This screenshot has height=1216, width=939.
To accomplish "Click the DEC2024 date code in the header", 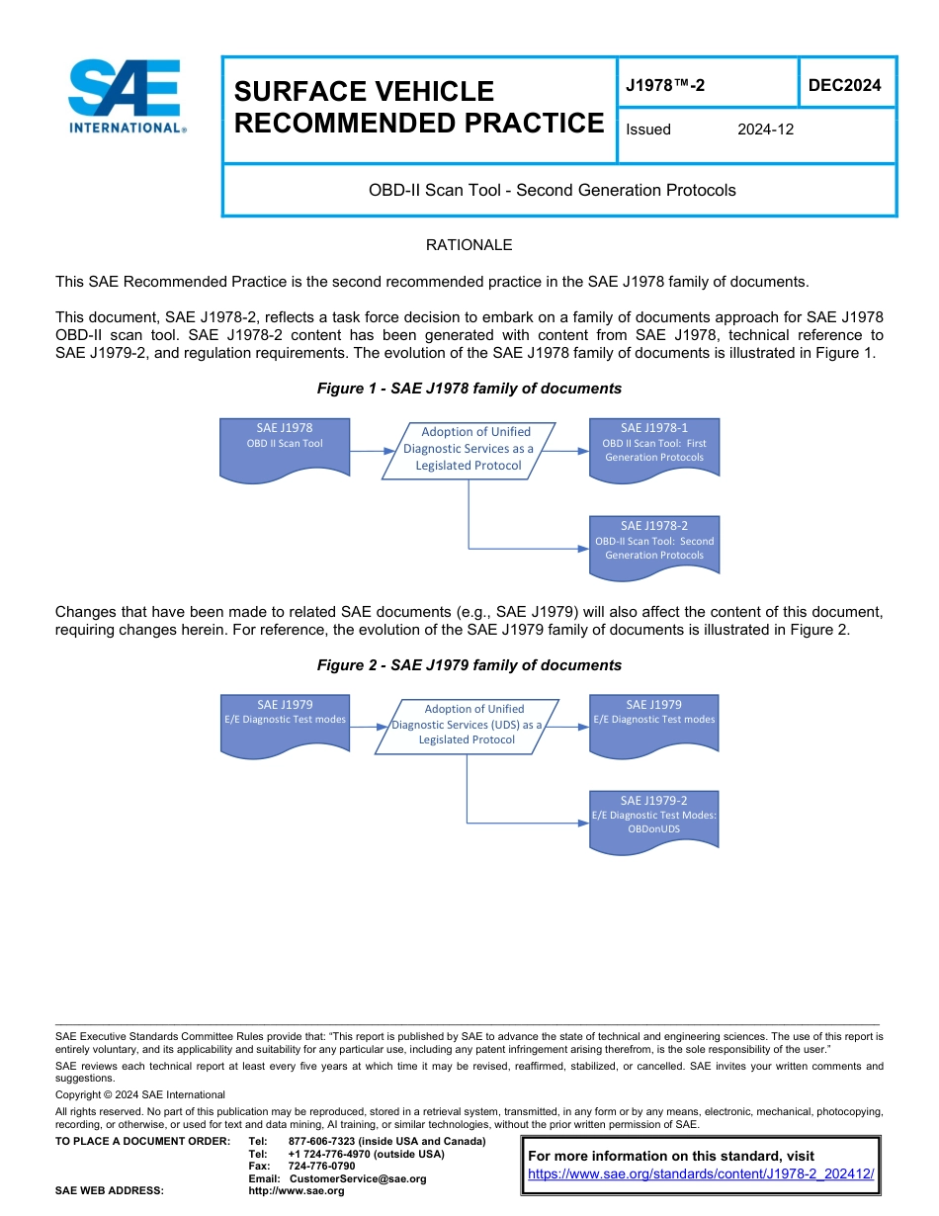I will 844,85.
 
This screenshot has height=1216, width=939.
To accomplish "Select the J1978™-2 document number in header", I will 665,85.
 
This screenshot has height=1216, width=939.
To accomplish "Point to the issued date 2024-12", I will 765,130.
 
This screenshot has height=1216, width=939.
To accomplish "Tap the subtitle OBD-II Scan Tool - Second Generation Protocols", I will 552,190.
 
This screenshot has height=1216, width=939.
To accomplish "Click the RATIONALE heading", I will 469,245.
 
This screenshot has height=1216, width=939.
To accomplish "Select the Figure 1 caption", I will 469,389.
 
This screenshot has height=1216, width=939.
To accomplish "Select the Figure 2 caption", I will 469,665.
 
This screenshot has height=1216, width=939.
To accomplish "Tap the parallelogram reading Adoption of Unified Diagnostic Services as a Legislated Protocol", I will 469,449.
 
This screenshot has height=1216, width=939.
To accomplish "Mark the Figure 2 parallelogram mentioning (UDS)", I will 467,725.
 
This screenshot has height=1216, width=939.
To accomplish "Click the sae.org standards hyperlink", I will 701,1173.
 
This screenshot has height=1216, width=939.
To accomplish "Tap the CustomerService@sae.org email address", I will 357,1178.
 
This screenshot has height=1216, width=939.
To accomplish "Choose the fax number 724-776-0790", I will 321,1167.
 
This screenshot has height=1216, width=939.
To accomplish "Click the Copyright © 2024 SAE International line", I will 140,1094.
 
